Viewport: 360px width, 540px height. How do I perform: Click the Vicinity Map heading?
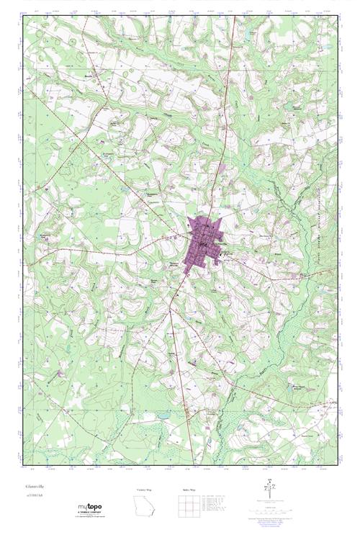[145, 490]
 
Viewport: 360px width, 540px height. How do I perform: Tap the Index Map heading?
[189, 490]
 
